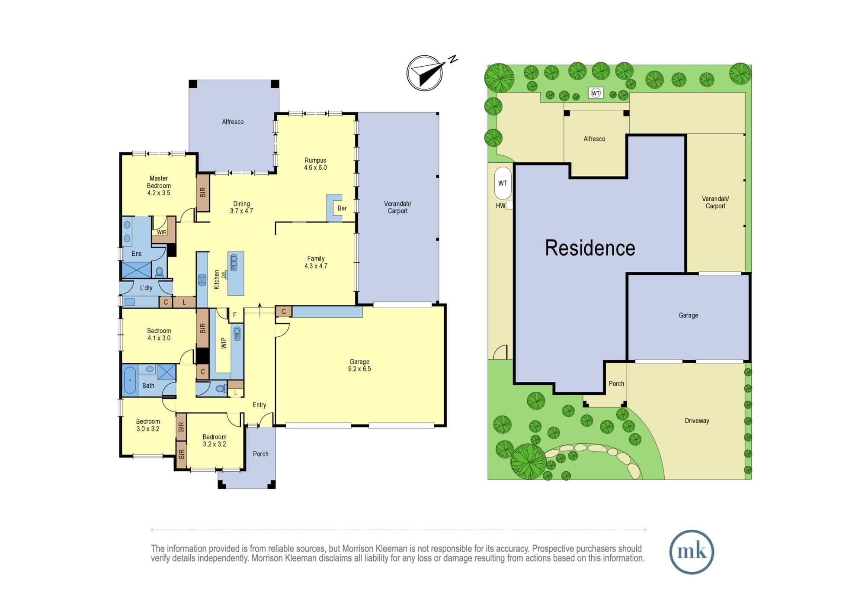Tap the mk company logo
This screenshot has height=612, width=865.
692,552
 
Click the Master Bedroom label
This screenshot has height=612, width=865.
159,186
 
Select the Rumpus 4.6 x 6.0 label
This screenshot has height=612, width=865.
315,164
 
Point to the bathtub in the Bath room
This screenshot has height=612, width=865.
130,380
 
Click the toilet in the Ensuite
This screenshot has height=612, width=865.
160,272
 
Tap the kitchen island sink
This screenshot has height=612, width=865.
234,263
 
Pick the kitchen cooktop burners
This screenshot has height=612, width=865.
202,280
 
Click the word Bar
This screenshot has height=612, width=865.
342,208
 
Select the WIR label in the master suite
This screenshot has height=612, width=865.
162,232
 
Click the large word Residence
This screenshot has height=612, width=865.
590,248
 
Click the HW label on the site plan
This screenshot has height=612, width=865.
500,206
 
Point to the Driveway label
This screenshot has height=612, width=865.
697,421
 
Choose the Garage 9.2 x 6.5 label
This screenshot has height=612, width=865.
359,365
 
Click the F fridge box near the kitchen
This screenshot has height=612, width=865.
235,315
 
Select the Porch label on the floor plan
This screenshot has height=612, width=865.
261,454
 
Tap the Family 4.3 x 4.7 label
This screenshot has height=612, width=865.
316,262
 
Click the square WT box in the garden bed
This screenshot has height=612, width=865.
596,93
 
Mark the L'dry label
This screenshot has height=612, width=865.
146,288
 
